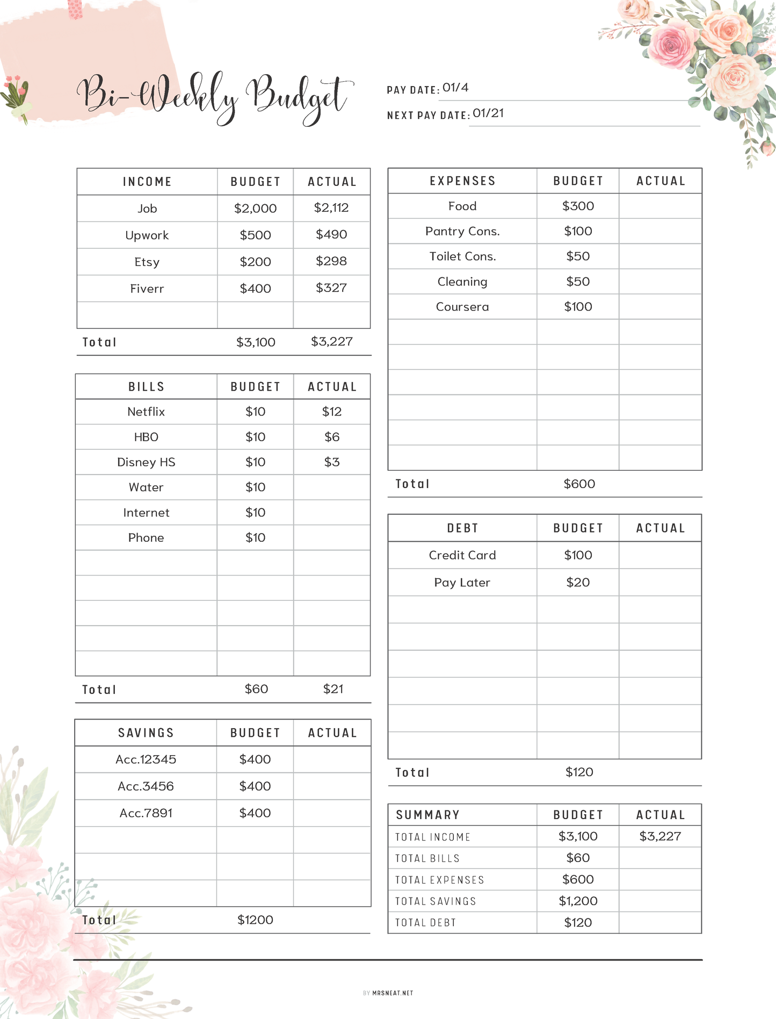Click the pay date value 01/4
(455, 88)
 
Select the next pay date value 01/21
(488, 113)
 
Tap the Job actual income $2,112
(331, 208)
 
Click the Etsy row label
(147, 262)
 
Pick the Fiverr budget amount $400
(255, 289)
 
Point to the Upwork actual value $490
(331, 235)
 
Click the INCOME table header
(147, 182)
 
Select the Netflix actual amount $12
(332, 412)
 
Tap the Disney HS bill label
(146, 462)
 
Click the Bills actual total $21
(333, 689)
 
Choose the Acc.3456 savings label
(146, 786)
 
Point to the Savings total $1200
(255, 920)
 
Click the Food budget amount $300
(578, 206)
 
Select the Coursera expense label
(462, 307)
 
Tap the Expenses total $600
(579, 484)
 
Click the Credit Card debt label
(462, 555)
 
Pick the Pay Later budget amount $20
(578, 583)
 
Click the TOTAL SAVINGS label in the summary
(436, 901)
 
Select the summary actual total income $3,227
(660, 836)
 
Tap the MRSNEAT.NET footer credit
(393, 993)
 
